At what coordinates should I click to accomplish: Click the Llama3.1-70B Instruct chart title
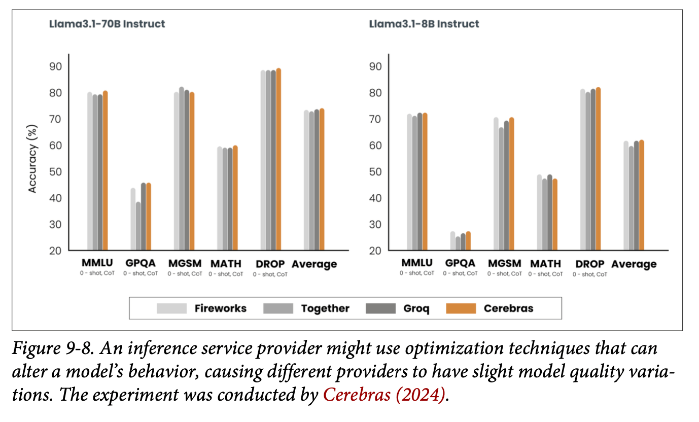click(107, 24)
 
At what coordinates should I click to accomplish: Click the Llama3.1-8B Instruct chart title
click(424, 24)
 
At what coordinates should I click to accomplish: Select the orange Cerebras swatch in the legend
click(461, 308)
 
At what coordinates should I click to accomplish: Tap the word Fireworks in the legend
click(220, 308)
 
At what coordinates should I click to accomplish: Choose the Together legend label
click(325, 308)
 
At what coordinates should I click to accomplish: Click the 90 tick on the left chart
click(56, 66)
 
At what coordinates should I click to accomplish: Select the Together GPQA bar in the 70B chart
click(138, 226)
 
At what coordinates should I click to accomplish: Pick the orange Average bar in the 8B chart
click(642, 195)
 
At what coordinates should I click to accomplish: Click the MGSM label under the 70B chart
click(185, 264)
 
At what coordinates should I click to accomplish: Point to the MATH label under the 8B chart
click(546, 264)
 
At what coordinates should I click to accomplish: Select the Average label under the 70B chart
click(314, 264)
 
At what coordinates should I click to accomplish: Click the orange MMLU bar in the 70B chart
click(106, 170)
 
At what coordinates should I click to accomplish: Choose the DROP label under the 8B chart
click(590, 264)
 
